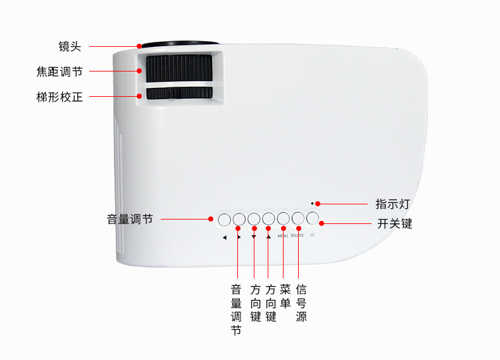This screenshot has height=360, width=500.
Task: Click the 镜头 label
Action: pos(70,47)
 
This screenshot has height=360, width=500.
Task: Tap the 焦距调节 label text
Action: pos(59,71)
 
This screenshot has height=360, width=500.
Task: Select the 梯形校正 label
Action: pos(59,97)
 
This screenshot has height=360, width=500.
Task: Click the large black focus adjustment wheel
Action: pos(180,68)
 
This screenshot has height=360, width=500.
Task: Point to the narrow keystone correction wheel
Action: pos(180,93)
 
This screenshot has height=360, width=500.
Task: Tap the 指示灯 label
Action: pos(392,204)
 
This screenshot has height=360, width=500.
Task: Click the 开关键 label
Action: pos(394,223)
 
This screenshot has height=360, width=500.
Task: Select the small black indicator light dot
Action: pos(312,204)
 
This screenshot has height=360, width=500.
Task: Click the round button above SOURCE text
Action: pos(298,218)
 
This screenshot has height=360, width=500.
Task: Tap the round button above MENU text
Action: pos(283,219)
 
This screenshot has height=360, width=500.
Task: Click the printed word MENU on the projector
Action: pos(282,236)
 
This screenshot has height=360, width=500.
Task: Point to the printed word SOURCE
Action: pos(297,235)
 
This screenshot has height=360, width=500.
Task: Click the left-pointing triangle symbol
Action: pos(225,237)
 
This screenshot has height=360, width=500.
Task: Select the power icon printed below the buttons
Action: pos(312,235)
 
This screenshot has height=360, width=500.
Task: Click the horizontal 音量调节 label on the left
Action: pos(130,220)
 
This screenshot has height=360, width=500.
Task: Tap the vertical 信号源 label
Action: pos(301,303)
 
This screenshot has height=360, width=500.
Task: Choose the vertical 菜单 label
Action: pos(285,296)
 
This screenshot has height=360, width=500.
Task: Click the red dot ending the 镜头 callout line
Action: pos(139,46)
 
